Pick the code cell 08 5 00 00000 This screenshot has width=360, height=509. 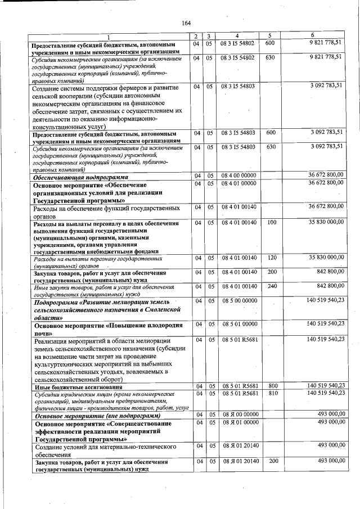click(x=239, y=301)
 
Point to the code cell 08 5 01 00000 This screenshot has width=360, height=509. click(x=239, y=325)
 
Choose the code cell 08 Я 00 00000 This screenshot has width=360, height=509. click(x=239, y=414)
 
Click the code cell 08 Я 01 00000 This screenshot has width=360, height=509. click(x=239, y=421)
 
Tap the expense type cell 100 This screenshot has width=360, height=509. click(x=272, y=223)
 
